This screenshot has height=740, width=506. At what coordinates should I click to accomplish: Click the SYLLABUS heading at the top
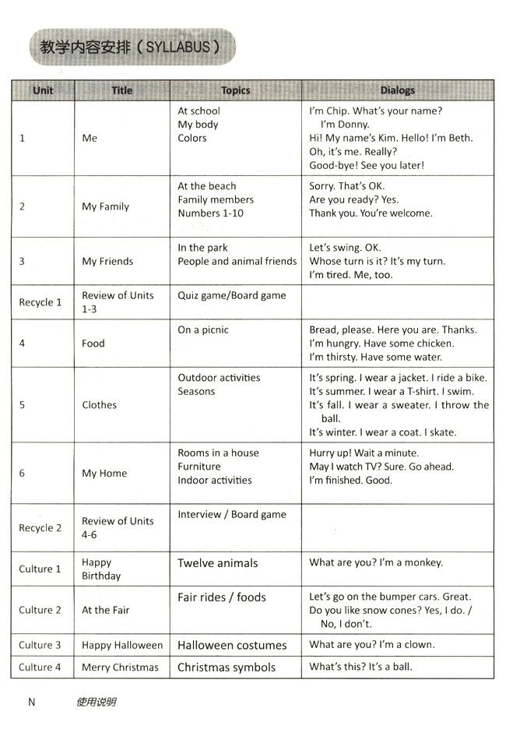click(x=129, y=47)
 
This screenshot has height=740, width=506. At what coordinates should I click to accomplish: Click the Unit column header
click(x=43, y=90)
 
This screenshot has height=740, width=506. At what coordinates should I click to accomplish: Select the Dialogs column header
click(x=397, y=90)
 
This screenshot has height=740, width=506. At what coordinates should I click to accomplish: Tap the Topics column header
click(x=235, y=90)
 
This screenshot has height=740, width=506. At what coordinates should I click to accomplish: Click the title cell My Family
click(x=105, y=206)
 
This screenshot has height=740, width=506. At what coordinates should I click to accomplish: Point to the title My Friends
click(x=107, y=261)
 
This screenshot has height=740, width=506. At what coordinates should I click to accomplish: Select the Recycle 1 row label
click(x=40, y=302)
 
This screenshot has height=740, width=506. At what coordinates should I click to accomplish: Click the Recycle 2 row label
click(x=40, y=527)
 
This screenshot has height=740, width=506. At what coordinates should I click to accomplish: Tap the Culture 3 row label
click(x=40, y=645)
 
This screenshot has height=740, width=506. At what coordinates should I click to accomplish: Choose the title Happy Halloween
click(x=122, y=645)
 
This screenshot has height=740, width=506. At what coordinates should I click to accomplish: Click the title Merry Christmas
click(x=120, y=667)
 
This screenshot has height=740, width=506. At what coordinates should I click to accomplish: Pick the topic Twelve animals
click(x=217, y=563)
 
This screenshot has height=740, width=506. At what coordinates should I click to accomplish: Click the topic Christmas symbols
click(x=227, y=667)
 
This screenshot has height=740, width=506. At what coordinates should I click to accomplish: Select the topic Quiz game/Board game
click(x=231, y=295)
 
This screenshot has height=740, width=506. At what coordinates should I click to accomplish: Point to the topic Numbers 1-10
click(x=210, y=213)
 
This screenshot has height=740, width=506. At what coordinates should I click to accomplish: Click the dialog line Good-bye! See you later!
click(x=367, y=165)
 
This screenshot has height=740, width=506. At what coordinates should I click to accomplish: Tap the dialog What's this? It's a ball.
click(x=360, y=667)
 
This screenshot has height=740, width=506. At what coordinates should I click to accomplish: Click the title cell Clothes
click(x=99, y=405)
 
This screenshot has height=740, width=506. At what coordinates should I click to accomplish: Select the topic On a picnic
click(x=203, y=329)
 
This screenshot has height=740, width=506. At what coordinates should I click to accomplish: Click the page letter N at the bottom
click(x=32, y=702)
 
